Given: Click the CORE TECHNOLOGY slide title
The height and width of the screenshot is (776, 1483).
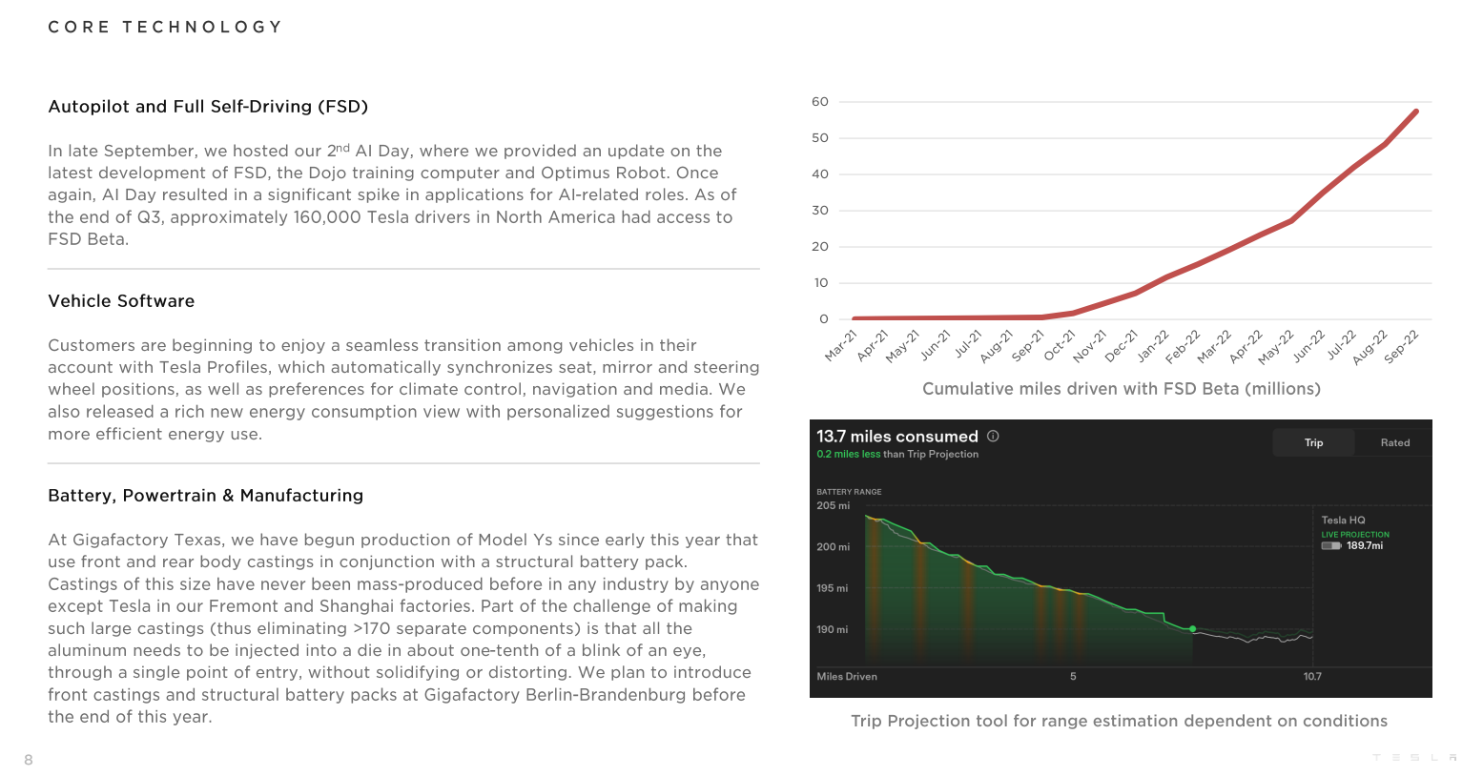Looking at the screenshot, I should pyautogui.click(x=165, y=27).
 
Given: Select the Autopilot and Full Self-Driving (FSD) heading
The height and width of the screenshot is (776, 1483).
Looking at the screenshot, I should pyautogui.click(x=208, y=107).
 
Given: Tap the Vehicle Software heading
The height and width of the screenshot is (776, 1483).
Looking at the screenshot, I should pyautogui.click(x=121, y=301).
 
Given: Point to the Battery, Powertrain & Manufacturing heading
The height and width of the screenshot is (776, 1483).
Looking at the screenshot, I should pyautogui.click(x=205, y=496).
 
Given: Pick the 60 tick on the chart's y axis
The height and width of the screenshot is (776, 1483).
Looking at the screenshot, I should pyautogui.click(x=820, y=102).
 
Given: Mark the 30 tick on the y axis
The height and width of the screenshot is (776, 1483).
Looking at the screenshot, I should pyautogui.click(x=820, y=211).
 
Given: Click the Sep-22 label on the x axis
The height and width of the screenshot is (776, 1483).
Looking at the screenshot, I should pyautogui.click(x=1403, y=345).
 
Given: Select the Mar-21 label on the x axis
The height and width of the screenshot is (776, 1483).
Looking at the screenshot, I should pyautogui.click(x=841, y=345).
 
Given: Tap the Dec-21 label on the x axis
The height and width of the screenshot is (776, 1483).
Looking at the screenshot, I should pyautogui.click(x=1123, y=345).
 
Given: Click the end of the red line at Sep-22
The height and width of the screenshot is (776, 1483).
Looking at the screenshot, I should pyautogui.click(x=1416, y=112).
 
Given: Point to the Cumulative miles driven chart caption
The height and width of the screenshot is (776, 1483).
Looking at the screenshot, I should pyautogui.click(x=1121, y=389).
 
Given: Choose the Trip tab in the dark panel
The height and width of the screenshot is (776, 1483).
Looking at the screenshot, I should pyautogui.click(x=1313, y=442).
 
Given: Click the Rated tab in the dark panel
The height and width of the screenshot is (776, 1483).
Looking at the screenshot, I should pyautogui.click(x=1394, y=442).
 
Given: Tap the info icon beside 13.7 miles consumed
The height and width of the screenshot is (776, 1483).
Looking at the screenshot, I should pyautogui.click(x=993, y=436).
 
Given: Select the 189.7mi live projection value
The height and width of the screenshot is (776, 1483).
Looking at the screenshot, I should pyautogui.click(x=1364, y=546).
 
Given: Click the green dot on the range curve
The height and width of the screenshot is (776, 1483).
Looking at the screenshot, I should pyautogui.click(x=1193, y=629).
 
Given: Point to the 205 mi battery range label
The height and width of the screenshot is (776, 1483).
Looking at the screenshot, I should pyautogui.click(x=833, y=506).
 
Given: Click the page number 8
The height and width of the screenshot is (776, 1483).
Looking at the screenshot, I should pyautogui.click(x=29, y=760).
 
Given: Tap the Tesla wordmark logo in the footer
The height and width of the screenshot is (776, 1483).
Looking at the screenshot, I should pyautogui.click(x=1414, y=758).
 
